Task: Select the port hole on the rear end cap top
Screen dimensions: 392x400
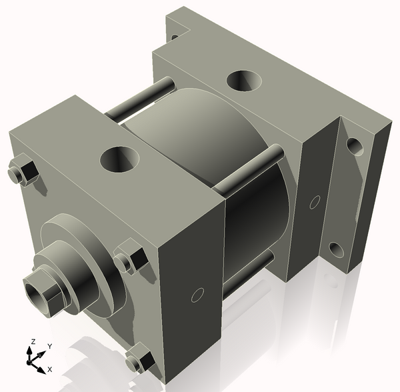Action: pyautogui.click(x=244, y=81)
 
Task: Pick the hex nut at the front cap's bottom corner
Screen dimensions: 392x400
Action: pyautogui.click(x=140, y=361)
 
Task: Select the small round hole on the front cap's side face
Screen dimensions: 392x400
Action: pyautogui.click(x=197, y=294)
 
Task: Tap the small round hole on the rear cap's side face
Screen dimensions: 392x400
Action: pyautogui.click(x=313, y=201)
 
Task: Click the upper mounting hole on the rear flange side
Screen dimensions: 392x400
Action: pyautogui.click(x=355, y=146)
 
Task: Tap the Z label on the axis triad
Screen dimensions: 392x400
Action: pyautogui.click(x=31, y=342)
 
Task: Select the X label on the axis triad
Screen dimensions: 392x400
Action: pyautogui.click(x=49, y=369)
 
